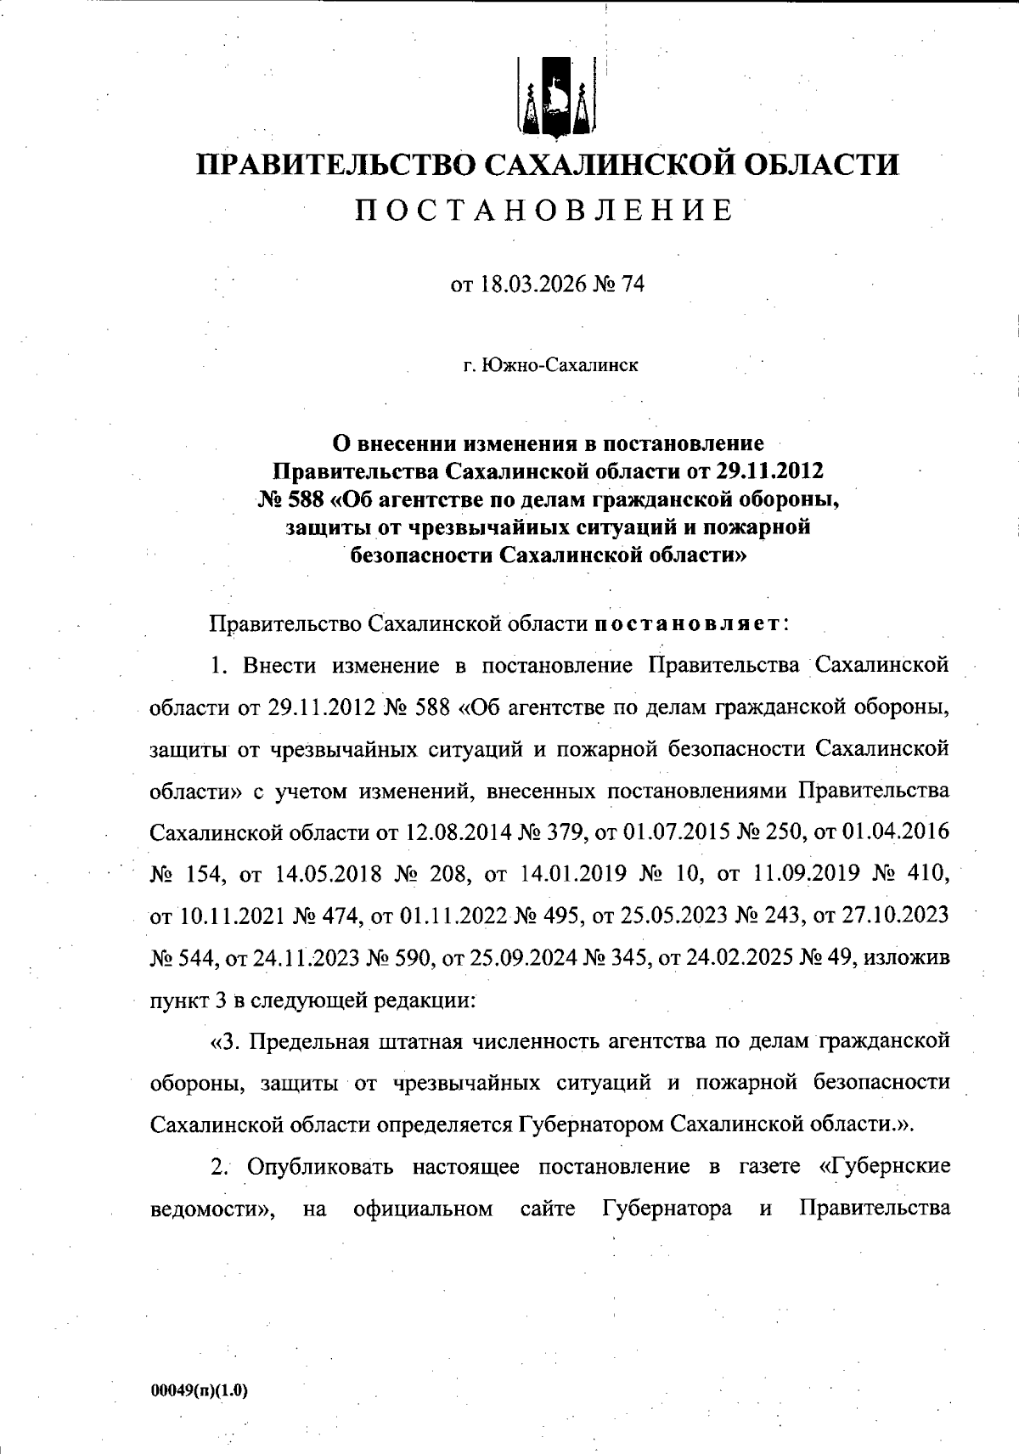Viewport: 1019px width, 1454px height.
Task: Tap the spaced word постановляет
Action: click(687, 624)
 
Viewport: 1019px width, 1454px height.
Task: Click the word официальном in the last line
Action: click(423, 1209)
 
